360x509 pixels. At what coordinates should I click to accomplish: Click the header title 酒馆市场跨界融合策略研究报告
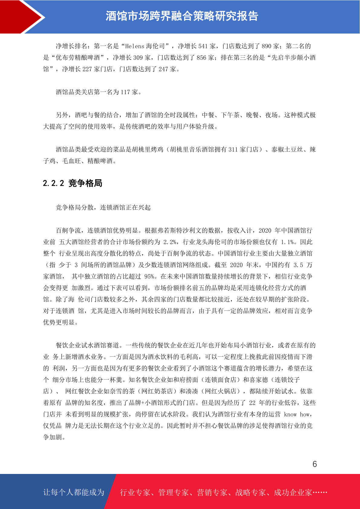tap(182, 16)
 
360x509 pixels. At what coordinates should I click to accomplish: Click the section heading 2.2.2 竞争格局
tap(73, 183)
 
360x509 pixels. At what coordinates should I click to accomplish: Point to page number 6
tap(315, 464)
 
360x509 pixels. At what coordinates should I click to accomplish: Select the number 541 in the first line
tap(203, 46)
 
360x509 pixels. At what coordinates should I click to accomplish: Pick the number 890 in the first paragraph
tap(266, 46)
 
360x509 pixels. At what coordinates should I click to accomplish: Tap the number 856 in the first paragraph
tap(201, 58)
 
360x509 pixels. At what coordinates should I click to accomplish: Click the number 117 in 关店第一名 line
tap(125, 92)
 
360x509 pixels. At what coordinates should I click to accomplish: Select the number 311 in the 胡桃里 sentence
tap(233, 150)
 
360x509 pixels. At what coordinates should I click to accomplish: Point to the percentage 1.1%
tap(287, 242)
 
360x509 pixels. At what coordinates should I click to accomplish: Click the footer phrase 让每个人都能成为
tap(74, 492)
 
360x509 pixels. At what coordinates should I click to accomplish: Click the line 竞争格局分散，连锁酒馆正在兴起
tap(103, 208)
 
